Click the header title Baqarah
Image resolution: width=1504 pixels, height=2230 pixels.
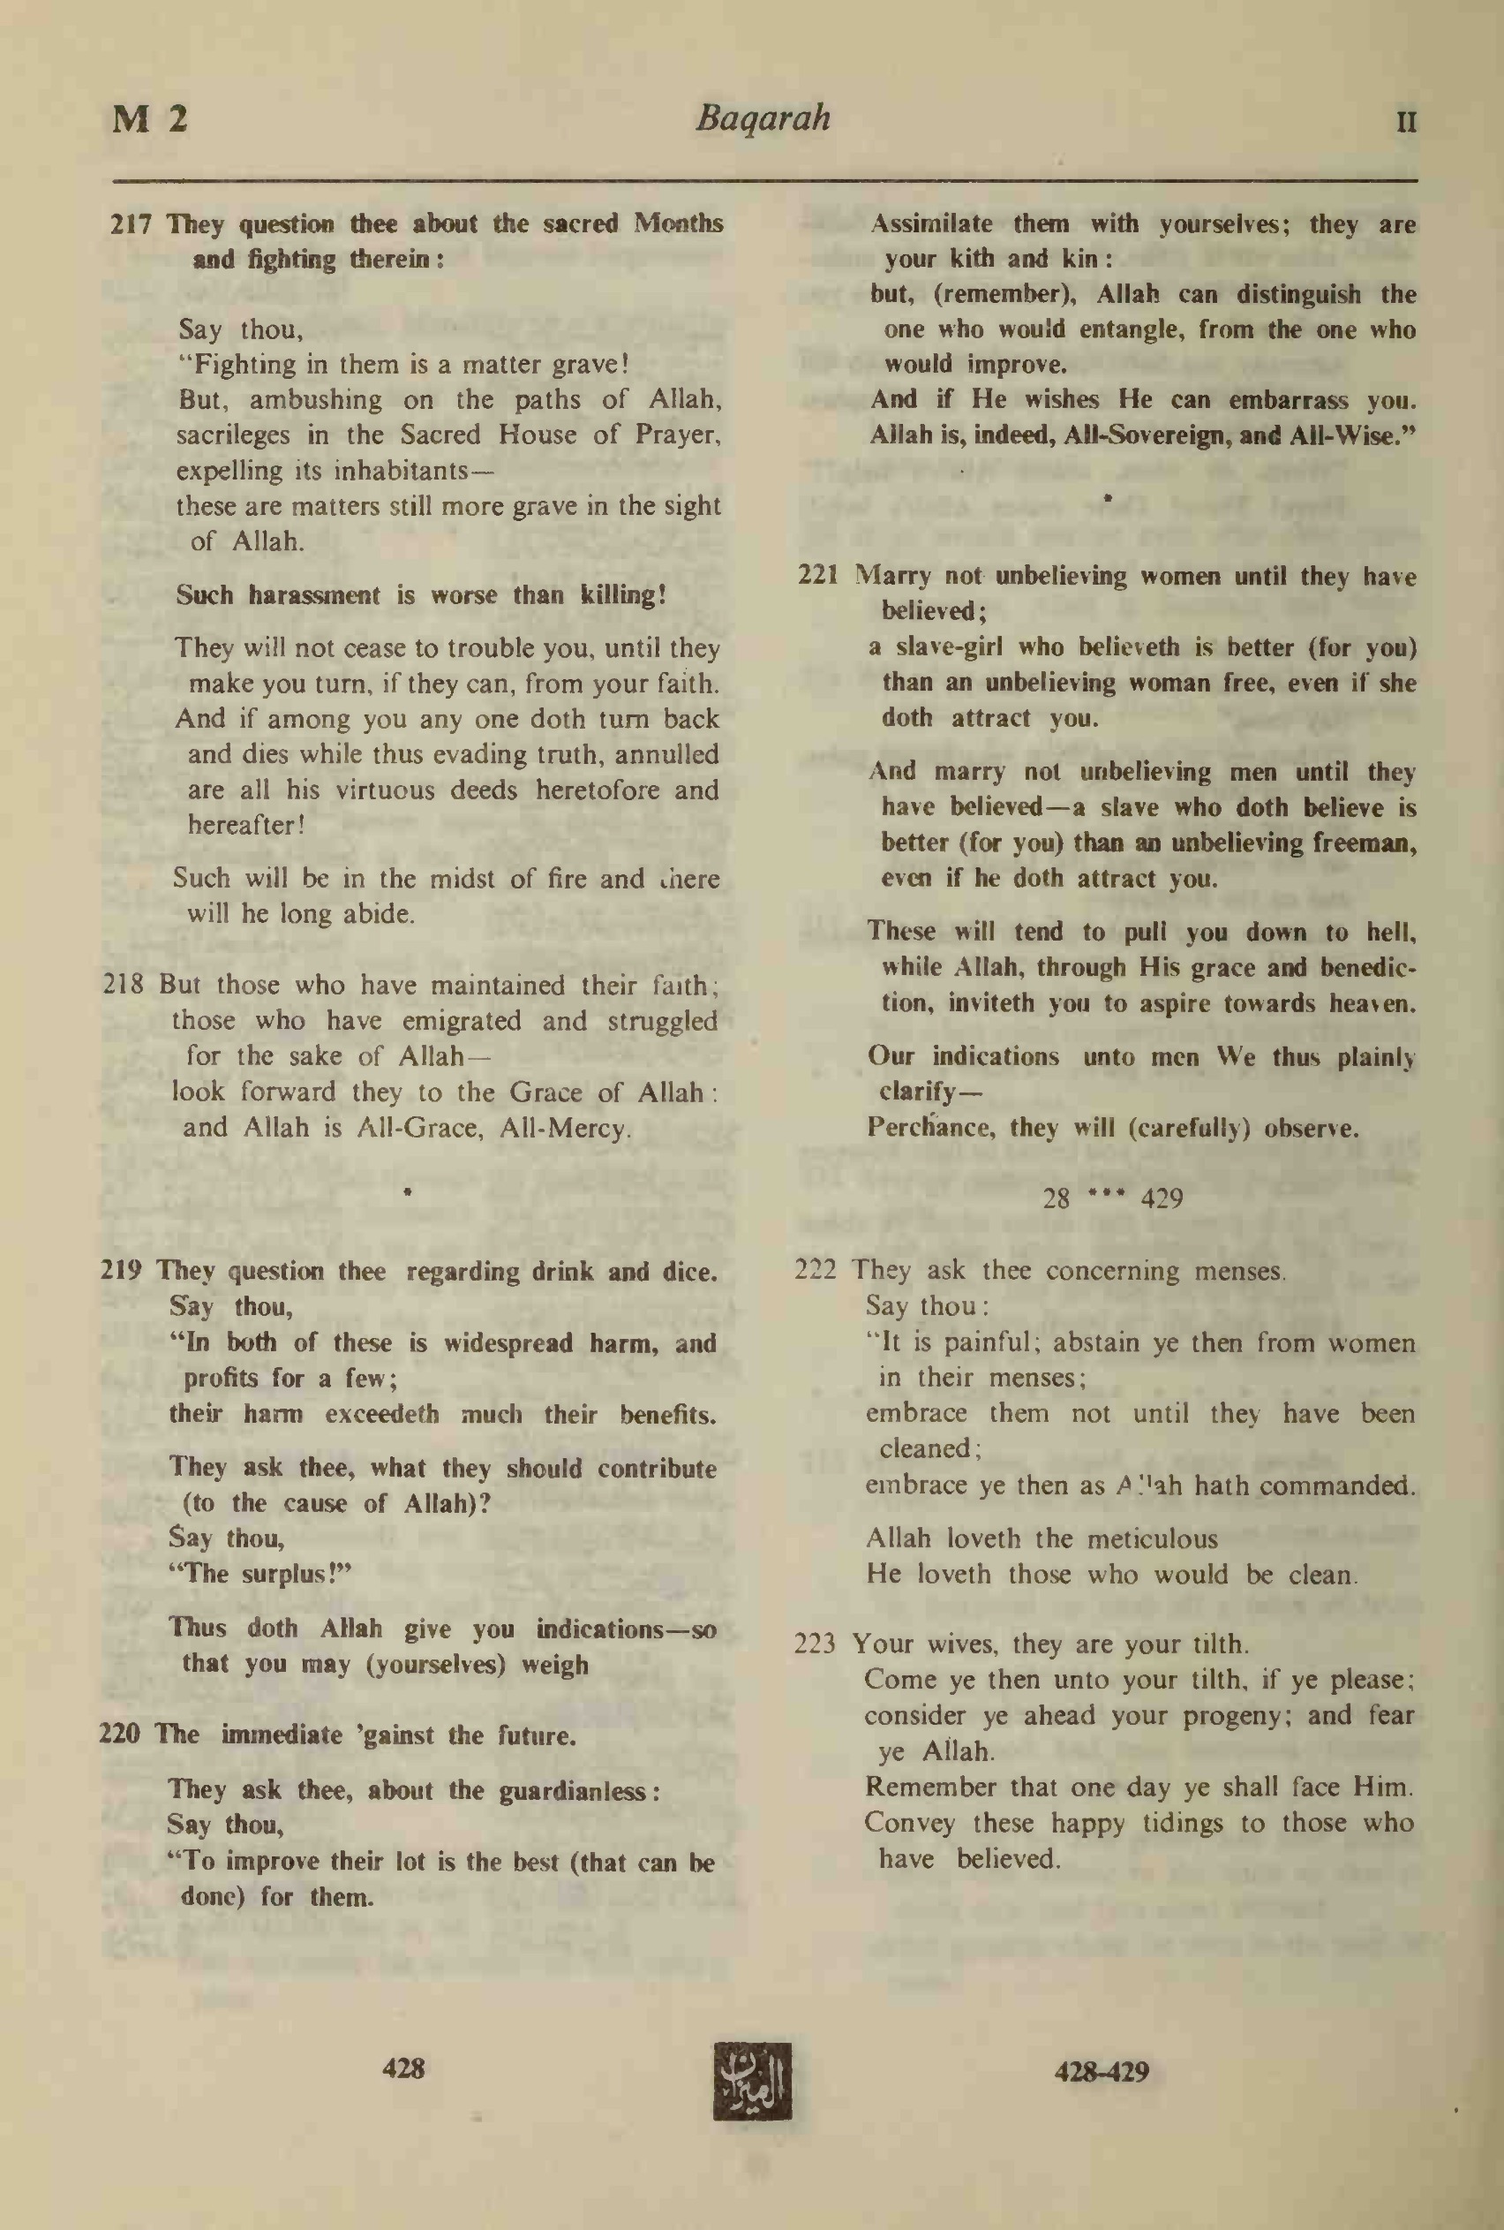(763, 119)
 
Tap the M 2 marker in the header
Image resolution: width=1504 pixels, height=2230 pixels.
(150, 120)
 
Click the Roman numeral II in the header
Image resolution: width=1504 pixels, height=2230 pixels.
(1406, 123)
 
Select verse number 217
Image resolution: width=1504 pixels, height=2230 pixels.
(132, 224)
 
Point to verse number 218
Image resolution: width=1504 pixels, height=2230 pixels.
(124, 985)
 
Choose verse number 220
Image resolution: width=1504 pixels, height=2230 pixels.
(120, 1734)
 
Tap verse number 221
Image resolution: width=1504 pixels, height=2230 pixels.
(818, 576)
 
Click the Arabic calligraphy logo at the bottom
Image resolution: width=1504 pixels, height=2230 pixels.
(752, 2081)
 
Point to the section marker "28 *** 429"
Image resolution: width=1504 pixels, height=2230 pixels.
(1113, 1198)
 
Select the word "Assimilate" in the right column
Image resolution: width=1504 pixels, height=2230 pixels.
(930, 224)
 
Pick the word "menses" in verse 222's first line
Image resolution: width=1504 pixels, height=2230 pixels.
(1237, 1272)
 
